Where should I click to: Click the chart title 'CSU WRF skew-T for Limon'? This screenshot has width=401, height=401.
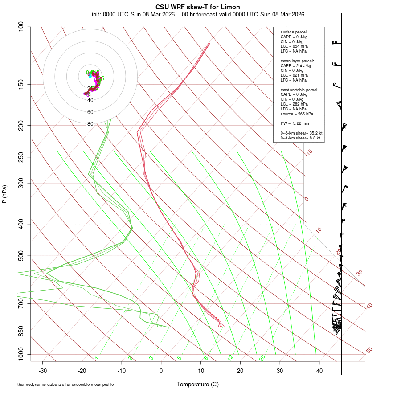[198, 7]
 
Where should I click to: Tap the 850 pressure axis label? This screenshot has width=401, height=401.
[21, 331]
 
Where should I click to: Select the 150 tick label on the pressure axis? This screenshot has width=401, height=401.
[21, 84]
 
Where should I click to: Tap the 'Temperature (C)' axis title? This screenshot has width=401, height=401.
[198, 384]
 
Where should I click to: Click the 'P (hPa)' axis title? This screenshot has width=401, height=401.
[4, 194]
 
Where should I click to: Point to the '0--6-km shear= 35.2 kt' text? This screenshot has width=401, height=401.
[301, 133]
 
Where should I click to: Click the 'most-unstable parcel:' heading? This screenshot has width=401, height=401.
[299, 90]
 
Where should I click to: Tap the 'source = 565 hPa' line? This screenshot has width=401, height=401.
[295, 114]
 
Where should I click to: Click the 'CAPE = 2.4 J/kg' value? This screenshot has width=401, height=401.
[295, 65]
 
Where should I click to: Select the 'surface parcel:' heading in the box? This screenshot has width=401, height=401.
[294, 32]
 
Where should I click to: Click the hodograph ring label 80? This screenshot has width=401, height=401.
[90, 124]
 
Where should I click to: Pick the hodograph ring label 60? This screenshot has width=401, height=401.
[90, 112]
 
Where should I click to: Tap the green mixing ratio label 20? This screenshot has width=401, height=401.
[262, 358]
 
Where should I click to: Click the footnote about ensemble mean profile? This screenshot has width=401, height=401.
[65, 385]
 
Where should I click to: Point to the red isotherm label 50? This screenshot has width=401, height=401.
[369, 350]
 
